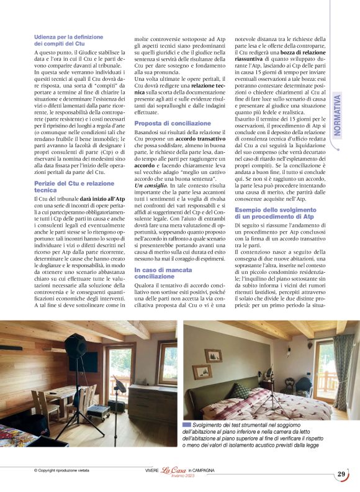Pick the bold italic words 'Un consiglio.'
pyautogui.click(x=151, y=186)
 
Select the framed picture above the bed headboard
pyautogui.click(x=213, y=356)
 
